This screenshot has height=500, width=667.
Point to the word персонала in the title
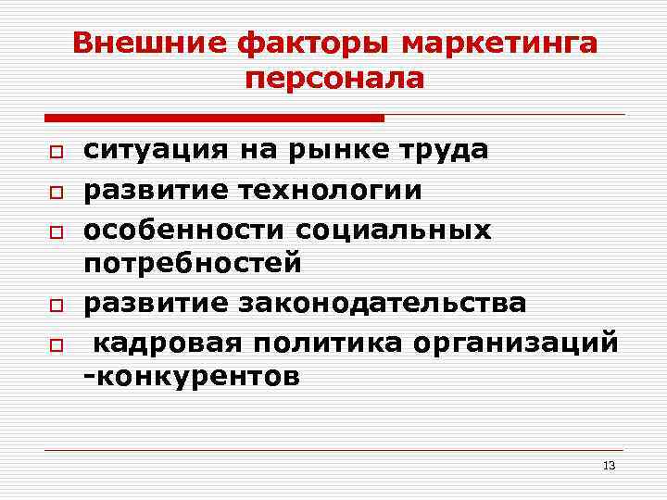[334, 79]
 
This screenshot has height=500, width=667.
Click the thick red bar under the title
[214, 119]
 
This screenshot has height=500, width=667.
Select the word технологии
[331, 190]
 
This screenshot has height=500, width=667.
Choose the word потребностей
[193, 265]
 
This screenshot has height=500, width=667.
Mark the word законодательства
[383, 303]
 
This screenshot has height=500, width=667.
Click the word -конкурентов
[192, 378]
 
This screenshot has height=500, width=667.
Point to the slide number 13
[609, 465]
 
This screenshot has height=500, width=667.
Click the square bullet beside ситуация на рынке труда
[56, 152]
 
